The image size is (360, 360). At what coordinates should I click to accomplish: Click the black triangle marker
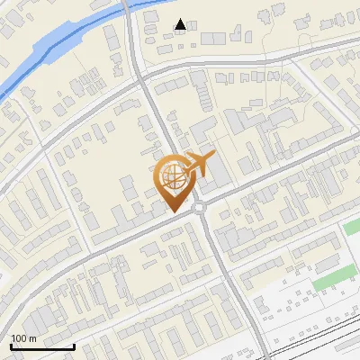click(181, 24)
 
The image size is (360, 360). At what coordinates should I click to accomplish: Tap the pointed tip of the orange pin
click(174, 211)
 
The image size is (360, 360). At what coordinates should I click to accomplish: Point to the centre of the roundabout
click(199, 209)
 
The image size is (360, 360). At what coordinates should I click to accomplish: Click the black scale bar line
click(42, 346)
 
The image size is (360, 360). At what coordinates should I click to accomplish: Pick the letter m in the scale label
click(33, 338)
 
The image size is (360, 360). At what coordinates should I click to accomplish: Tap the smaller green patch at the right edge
click(352, 226)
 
